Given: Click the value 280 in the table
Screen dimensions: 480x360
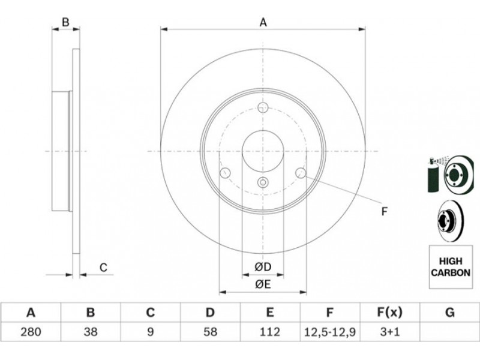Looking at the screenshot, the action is (x=31, y=332).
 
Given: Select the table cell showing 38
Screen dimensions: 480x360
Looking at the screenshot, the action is (x=91, y=332).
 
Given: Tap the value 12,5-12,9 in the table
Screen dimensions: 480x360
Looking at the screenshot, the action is (x=329, y=332).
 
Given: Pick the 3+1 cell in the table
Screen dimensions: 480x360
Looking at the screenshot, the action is (x=389, y=332).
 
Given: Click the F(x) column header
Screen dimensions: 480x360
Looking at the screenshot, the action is (x=389, y=313).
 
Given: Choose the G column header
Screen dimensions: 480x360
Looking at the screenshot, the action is (x=449, y=313).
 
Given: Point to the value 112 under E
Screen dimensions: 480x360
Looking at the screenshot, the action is (x=269, y=332).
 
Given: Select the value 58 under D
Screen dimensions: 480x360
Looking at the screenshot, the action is (x=211, y=332).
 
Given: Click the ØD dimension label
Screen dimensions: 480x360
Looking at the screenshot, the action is (x=263, y=267).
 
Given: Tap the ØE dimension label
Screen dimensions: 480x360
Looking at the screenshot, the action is (x=263, y=284).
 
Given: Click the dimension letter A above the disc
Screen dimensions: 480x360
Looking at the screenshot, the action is (x=263, y=22).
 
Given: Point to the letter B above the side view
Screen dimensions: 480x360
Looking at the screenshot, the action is (x=65, y=22).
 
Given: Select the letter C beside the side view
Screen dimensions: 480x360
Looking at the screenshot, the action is (x=103, y=267).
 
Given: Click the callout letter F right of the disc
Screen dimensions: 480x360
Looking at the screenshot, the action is (x=385, y=212).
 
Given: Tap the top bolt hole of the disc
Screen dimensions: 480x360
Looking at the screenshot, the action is (x=263, y=107).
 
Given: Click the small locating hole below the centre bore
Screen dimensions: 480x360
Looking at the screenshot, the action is (x=263, y=182).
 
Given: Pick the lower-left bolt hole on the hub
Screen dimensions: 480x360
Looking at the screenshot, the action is (x=226, y=173).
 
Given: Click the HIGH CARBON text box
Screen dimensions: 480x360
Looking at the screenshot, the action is (x=451, y=267).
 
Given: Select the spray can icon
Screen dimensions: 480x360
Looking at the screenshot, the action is (x=433, y=175).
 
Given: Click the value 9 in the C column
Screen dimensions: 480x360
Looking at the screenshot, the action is (x=151, y=332).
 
